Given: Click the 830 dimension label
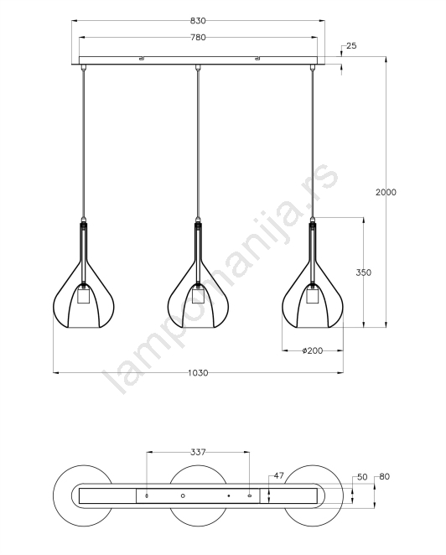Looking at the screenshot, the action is point(198,21).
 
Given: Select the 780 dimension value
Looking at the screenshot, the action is point(198,37).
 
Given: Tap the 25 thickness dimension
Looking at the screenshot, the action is point(351,45).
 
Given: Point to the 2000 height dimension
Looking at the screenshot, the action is point(386,192).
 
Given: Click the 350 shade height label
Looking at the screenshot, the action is point(364,272).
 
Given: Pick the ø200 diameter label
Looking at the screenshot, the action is point(313,350).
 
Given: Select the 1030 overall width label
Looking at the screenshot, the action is point(198,373).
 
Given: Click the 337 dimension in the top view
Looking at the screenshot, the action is point(198,452).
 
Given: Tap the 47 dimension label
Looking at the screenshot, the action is point(279,475).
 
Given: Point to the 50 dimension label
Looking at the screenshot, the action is point(362,477).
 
